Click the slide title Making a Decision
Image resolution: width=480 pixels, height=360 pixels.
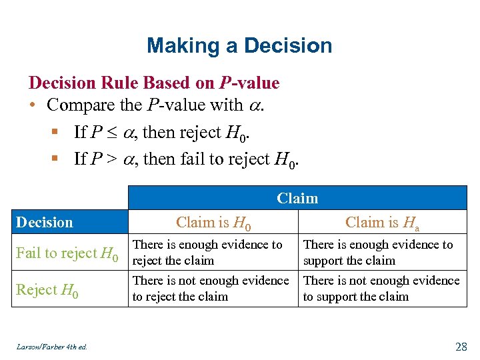239,45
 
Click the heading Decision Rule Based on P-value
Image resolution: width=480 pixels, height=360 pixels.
154,83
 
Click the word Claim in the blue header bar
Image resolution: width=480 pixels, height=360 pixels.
297,198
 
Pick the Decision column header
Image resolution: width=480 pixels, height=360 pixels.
45,222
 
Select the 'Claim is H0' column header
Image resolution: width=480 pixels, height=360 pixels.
213,223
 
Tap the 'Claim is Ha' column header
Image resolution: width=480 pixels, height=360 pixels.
383,223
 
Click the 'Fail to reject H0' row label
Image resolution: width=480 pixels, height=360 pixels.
67,253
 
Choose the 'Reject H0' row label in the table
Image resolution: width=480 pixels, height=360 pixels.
47,290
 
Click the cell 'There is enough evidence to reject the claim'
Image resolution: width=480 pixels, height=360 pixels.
207,253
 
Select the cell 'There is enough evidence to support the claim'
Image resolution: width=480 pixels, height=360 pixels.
377,253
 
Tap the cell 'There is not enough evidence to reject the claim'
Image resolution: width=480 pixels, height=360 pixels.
211,289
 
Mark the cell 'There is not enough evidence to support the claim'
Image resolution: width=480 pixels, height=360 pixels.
381,289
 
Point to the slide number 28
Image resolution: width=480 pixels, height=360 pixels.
461,345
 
